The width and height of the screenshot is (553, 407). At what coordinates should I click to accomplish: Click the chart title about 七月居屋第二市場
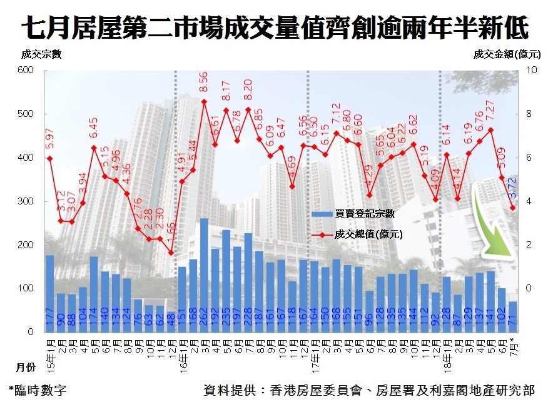pyautogui.click(x=276, y=28)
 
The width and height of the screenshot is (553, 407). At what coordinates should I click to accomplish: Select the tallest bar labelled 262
pyautogui.click(x=204, y=275)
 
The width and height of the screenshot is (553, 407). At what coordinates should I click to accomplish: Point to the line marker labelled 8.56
pyautogui.click(x=204, y=101)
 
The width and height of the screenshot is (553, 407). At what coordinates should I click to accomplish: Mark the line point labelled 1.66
pyautogui.click(x=171, y=253)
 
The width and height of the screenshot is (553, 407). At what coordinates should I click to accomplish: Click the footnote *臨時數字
pyautogui.click(x=37, y=390)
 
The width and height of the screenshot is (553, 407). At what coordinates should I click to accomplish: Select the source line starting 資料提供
pyautogui.click(x=369, y=390)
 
